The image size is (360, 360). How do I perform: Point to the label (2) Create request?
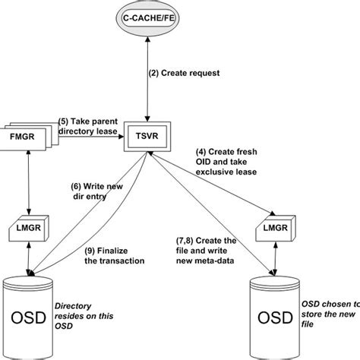coord(185,74)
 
